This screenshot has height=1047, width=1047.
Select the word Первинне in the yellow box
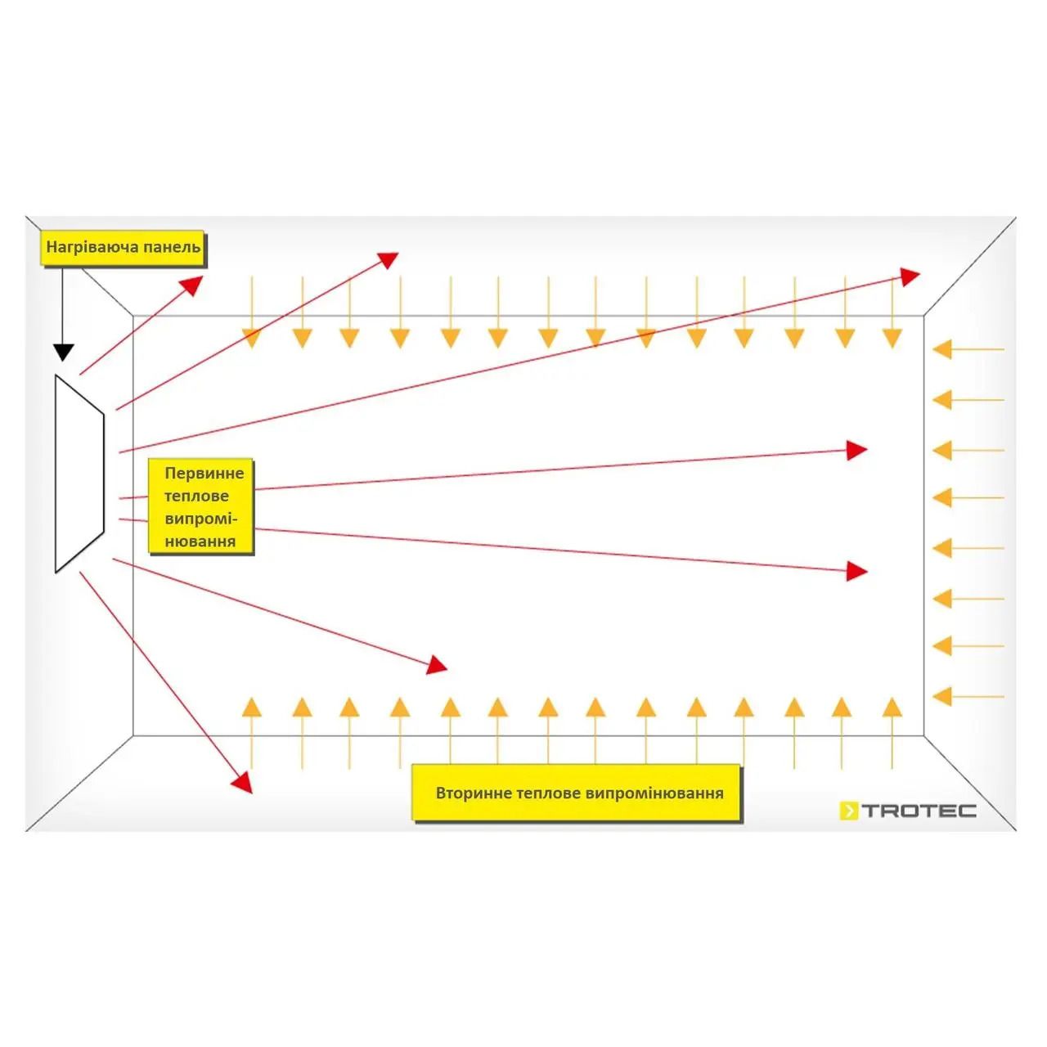(x=204, y=474)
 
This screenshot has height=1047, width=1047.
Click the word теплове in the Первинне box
(x=196, y=496)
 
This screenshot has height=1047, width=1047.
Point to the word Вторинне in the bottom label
(x=474, y=793)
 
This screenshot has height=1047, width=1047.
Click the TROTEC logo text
(x=919, y=811)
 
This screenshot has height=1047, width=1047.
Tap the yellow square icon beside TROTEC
(x=849, y=811)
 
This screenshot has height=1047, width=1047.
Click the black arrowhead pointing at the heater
(x=64, y=352)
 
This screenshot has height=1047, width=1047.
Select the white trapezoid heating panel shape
(x=79, y=474)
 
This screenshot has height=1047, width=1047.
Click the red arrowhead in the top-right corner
(x=909, y=276)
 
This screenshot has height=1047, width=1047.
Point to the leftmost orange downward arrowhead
(x=251, y=338)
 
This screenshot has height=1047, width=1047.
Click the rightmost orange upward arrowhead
(x=892, y=708)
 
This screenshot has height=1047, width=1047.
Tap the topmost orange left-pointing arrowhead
(x=942, y=349)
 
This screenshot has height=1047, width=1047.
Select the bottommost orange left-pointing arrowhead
(x=942, y=696)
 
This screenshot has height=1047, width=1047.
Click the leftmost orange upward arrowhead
(x=251, y=708)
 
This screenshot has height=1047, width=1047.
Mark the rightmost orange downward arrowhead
(x=892, y=338)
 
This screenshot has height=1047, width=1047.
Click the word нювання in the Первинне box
(x=200, y=541)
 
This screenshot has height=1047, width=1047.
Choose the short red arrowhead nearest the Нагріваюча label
(x=193, y=285)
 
